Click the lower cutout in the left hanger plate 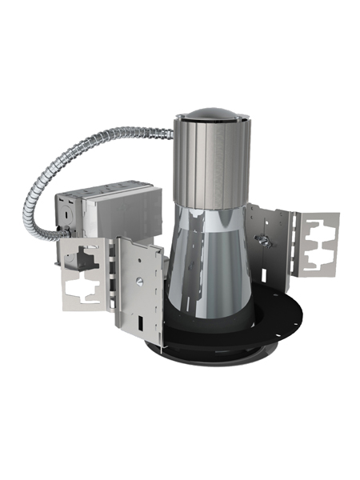coord(85,286)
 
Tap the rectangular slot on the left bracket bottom coord(142,320)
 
